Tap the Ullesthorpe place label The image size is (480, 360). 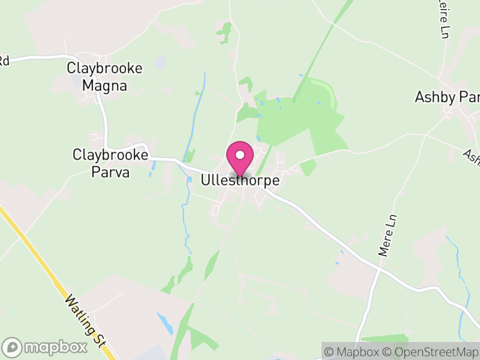coord(241,179)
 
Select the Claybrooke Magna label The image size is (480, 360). coord(105,77)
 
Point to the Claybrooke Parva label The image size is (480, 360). coord(110,163)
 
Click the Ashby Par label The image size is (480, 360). coord(447,97)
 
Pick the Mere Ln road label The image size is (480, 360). coord(388,236)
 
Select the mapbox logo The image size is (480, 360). coord(45,347)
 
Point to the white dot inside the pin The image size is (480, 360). coord(240,155)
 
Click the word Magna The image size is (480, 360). coord(105,85)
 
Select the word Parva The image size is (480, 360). coord(110,172)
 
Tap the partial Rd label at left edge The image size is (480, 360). coord(4,60)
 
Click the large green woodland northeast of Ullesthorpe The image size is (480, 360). coord(300,120)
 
